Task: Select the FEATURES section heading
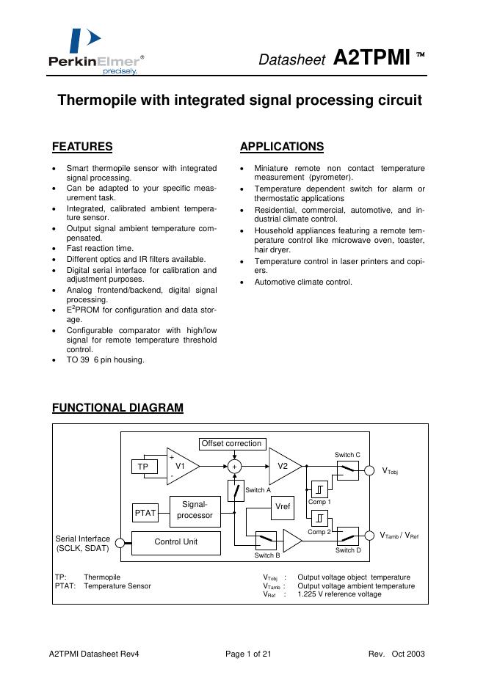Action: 82,147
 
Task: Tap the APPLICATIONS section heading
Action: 282,147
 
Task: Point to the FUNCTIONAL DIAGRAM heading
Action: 117,408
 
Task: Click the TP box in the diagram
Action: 143,467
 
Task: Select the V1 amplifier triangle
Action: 181,466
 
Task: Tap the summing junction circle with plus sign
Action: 235,466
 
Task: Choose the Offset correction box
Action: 231,443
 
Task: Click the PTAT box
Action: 145,513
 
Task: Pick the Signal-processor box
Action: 195,510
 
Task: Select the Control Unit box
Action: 176,542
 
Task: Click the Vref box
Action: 282,507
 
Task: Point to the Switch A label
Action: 258,490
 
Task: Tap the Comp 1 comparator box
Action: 319,489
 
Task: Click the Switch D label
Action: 348,550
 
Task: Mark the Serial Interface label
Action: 81,543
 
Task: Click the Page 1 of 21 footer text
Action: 248,654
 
